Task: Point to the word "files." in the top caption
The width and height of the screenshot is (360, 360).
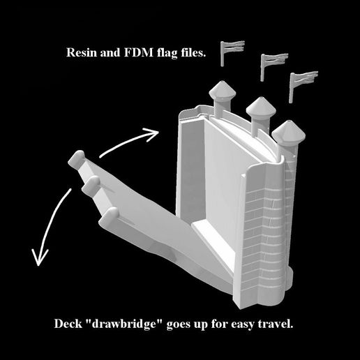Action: (x=193, y=52)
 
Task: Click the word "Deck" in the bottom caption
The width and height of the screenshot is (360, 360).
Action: (x=68, y=324)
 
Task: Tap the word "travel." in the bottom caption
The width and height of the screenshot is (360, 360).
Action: (x=276, y=324)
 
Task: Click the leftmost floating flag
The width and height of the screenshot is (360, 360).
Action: (x=232, y=53)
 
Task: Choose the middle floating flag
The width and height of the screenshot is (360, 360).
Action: (x=274, y=67)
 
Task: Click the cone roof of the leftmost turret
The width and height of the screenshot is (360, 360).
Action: (x=223, y=90)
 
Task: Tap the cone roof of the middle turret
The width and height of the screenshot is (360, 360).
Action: (x=261, y=107)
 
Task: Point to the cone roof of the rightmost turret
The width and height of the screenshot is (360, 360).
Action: (x=288, y=132)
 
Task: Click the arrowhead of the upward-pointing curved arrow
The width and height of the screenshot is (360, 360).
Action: (x=153, y=135)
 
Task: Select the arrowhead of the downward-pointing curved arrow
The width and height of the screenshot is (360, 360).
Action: (x=40, y=257)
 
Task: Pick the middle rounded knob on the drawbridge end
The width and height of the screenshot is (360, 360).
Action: (x=91, y=183)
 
